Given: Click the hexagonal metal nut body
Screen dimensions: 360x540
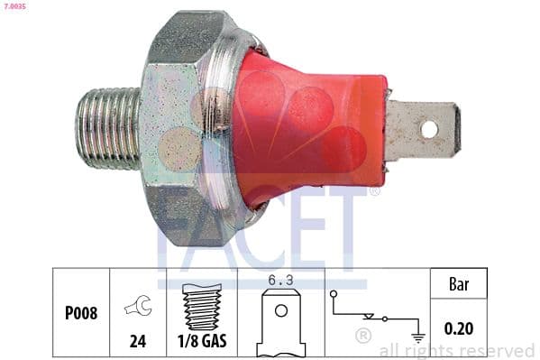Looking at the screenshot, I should (185, 126).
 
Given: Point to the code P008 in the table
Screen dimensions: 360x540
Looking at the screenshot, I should (81, 314).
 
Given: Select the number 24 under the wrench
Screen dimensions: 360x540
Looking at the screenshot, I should (139, 343).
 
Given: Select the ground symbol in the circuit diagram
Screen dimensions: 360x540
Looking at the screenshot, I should (416, 336).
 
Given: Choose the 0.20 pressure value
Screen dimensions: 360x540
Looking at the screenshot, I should (461, 330).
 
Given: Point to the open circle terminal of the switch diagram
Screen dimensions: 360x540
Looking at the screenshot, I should (334, 294).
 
